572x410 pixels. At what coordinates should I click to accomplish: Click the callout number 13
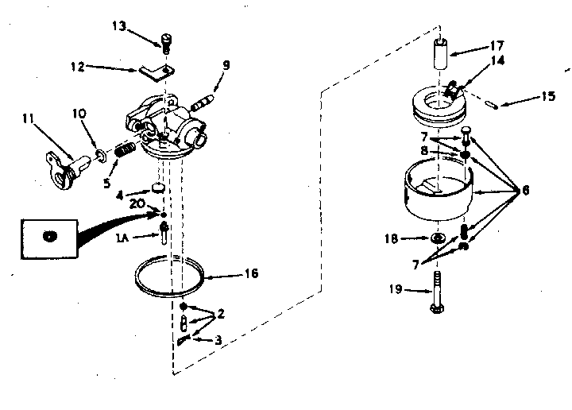coord(118,27)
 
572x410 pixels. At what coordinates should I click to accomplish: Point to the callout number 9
coord(226,66)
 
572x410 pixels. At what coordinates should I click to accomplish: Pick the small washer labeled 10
coord(101,153)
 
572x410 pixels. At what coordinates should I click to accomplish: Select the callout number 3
coord(218,339)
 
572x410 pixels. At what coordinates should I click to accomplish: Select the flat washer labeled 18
coord(438,238)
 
